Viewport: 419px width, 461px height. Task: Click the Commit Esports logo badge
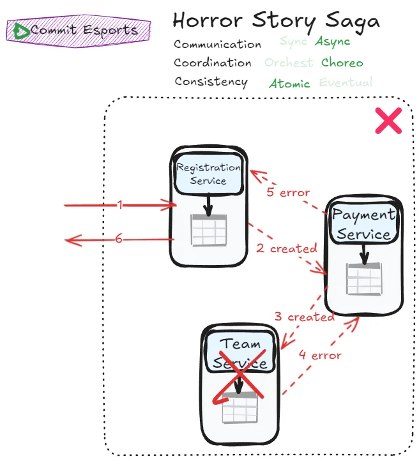(79, 30)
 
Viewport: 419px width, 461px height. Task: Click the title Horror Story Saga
(276, 20)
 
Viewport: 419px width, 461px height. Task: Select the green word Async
(332, 42)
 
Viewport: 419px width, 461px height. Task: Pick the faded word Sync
(293, 42)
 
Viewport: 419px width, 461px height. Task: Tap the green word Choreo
(342, 63)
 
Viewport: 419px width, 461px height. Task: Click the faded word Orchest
(289, 63)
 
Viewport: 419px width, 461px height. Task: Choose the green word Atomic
(289, 84)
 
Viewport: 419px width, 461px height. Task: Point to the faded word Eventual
(345, 82)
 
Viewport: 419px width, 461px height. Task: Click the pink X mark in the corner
(387, 121)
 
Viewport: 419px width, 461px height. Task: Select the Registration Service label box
(208, 174)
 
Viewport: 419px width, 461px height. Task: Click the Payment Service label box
(363, 224)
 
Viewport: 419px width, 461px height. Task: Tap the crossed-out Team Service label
(241, 354)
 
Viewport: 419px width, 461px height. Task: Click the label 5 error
(288, 192)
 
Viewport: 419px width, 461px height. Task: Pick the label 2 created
(287, 248)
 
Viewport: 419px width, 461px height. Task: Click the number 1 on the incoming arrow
(119, 205)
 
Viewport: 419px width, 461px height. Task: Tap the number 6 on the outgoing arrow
(119, 239)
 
